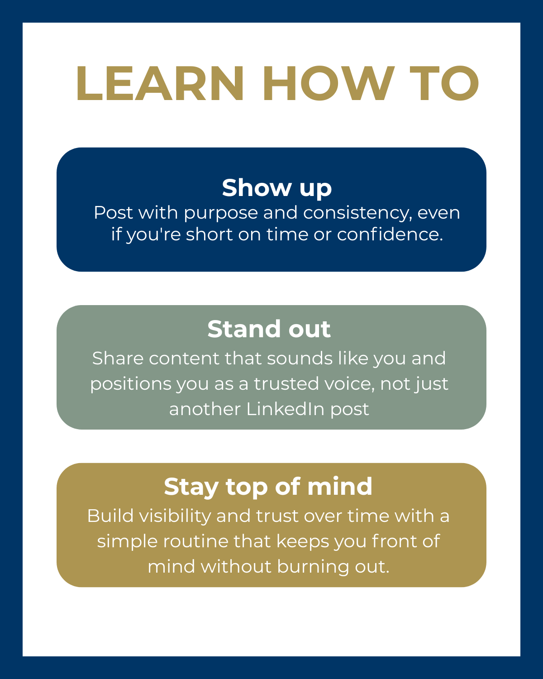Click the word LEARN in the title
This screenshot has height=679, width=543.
[x=160, y=83]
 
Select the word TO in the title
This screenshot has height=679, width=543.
[x=444, y=83]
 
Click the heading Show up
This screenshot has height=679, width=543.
[x=277, y=188]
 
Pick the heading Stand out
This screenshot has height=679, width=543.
[x=269, y=330]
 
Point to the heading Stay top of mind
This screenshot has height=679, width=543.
[x=268, y=487]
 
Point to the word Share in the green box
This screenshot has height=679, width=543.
[x=118, y=359]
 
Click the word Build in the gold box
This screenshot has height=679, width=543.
[x=110, y=516]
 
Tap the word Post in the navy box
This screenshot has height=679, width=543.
[x=113, y=213]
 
